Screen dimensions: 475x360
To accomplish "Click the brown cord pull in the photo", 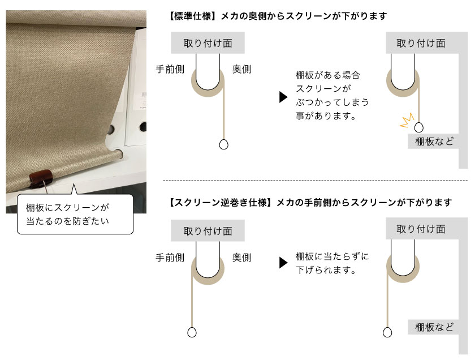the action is coord(41,178).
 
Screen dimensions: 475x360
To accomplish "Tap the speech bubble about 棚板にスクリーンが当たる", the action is coord(75,214).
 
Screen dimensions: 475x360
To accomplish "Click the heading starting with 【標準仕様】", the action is coord(278,16).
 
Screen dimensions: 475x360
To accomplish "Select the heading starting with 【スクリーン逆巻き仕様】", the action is coord(310,202).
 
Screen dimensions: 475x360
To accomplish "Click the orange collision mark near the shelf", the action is coord(407,120).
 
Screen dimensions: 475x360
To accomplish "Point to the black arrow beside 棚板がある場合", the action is coord(283,97).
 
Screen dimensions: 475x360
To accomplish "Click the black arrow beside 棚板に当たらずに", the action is coord(283,263).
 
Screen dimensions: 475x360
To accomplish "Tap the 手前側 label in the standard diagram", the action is coord(170,70).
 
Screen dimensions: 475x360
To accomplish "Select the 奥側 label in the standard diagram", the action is coord(242,70).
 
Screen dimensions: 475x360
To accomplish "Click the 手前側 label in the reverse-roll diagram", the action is coord(170,258).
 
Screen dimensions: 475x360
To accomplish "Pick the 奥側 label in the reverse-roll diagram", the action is coord(242,258).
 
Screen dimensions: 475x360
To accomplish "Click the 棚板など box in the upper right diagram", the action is coord(434,142).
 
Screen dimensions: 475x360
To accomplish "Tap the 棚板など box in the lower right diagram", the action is coord(434,327).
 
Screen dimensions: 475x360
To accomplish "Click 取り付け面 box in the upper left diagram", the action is coord(208,43).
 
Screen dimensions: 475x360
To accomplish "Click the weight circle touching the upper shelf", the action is coord(418,127).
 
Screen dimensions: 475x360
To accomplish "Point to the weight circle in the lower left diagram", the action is coord(192,332).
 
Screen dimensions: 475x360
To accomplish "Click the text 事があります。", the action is coord(326,115).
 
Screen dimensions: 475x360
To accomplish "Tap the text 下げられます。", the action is coord(326,269).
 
